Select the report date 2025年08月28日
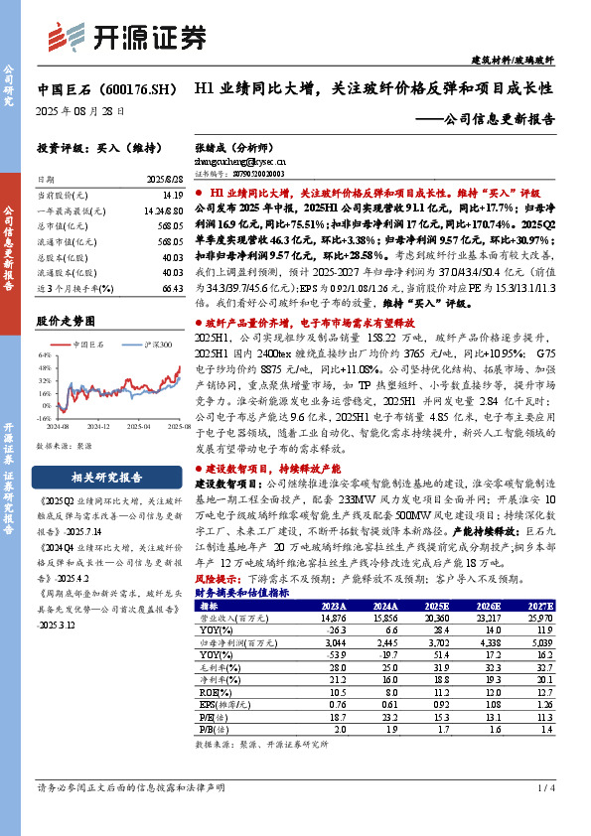pyautogui.click(x=80, y=112)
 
